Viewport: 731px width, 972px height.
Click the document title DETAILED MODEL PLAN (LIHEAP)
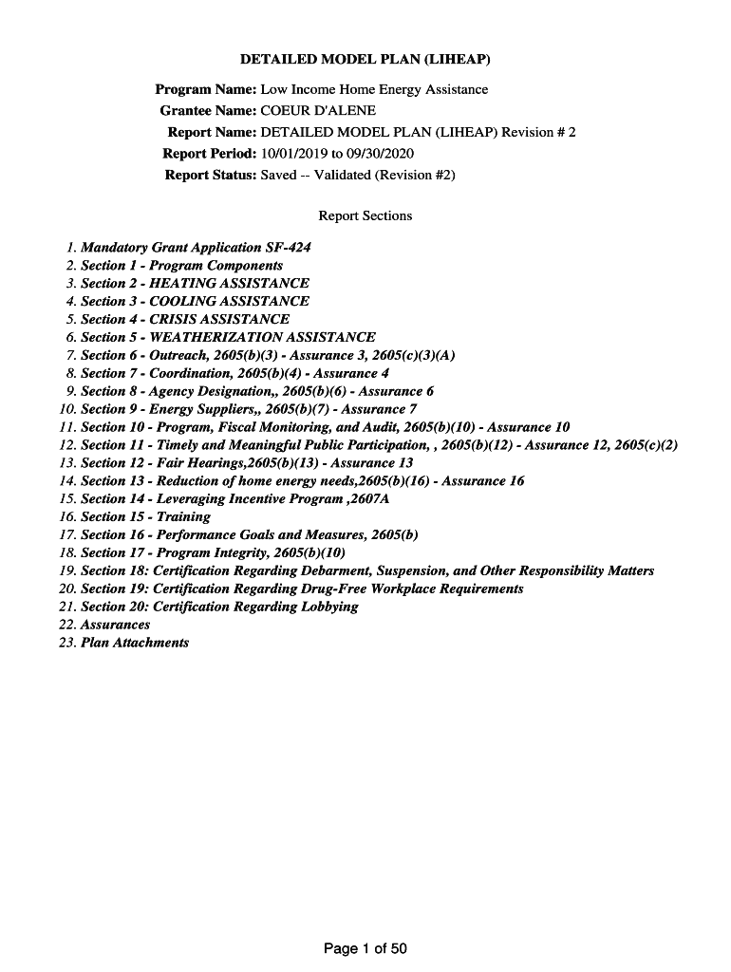click(x=365, y=60)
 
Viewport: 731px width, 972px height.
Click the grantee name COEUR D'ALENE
click(x=318, y=110)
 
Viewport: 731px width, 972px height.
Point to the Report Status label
click(x=211, y=175)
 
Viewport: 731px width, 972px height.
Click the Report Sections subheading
click(x=365, y=215)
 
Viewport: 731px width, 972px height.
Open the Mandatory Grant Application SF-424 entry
click(x=196, y=248)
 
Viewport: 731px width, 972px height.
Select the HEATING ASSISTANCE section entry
click(x=195, y=283)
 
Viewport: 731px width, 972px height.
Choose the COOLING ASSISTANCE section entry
click(x=195, y=301)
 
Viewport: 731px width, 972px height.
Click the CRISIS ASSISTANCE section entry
click(x=185, y=319)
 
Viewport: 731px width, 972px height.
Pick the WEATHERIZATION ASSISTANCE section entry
click(x=228, y=337)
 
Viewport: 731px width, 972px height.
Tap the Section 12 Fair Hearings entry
click(x=247, y=463)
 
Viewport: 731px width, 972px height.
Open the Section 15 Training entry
click(x=145, y=516)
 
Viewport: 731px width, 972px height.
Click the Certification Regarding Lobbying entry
click(x=219, y=607)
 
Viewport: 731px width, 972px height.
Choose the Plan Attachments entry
click(x=135, y=643)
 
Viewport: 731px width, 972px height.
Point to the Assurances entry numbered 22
click(x=115, y=625)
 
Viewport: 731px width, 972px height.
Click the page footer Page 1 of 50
click(x=365, y=948)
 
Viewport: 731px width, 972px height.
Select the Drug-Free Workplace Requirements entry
click(x=302, y=589)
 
